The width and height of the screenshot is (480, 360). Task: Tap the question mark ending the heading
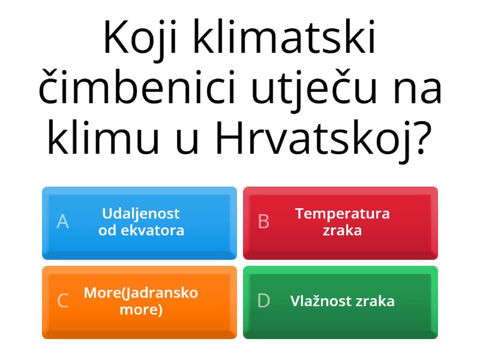[x=424, y=138]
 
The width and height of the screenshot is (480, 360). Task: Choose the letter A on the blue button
[x=62, y=222]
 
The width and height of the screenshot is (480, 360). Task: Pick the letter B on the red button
[x=263, y=222]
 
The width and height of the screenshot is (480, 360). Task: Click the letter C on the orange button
[x=62, y=301]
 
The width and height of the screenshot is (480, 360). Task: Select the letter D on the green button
[x=263, y=301]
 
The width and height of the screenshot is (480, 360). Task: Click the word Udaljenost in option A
[x=141, y=214]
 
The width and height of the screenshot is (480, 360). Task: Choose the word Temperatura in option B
[x=343, y=214]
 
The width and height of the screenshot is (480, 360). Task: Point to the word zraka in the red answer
[x=343, y=230]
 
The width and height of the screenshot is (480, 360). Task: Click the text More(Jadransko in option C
[x=141, y=293]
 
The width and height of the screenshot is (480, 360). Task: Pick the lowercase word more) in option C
[x=141, y=310]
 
